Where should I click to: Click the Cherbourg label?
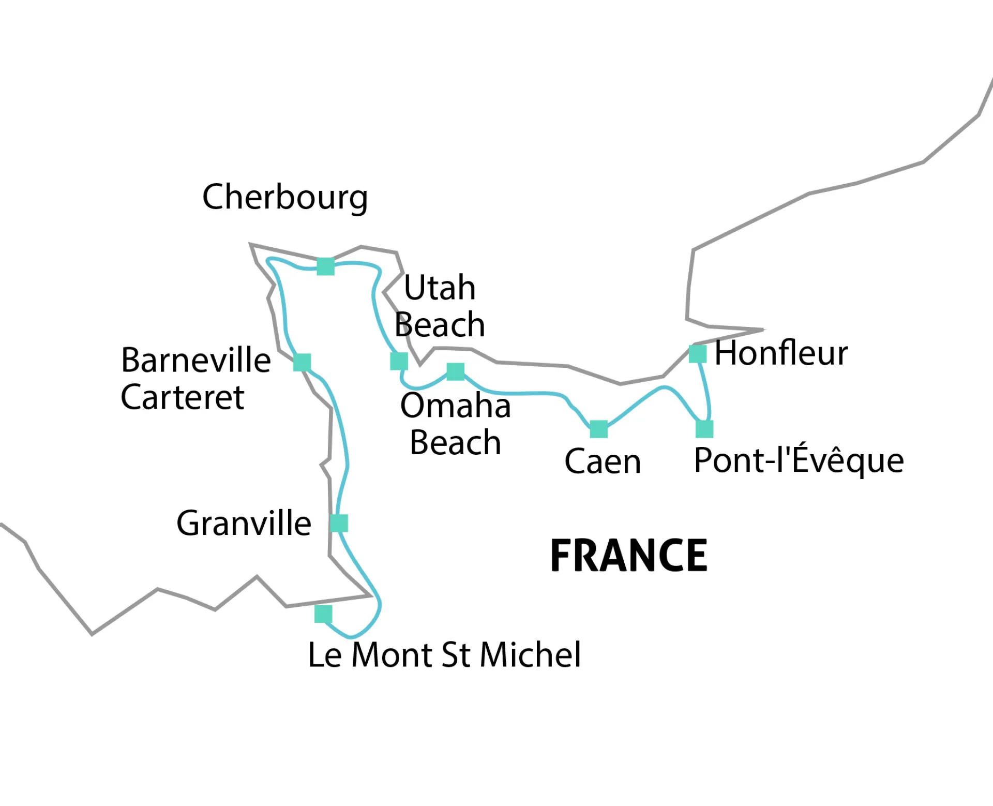coord(285,197)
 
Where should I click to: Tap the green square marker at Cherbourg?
coord(325,266)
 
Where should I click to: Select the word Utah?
coord(439,288)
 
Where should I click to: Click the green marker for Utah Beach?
coord(399,361)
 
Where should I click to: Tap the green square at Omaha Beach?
coord(455,371)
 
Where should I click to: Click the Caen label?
coord(603,461)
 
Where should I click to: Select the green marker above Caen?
coord(598,429)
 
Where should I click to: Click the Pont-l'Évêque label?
coord(799,460)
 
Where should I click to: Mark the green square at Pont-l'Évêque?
coord(704,429)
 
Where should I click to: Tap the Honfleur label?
coord(781,353)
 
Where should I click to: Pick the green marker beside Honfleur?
coord(698,354)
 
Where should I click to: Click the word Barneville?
coord(196,360)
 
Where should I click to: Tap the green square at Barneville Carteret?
coord(302,362)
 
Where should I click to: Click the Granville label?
coord(244,523)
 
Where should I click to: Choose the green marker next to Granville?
coord(339,523)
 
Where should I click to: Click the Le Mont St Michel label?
coord(444,654)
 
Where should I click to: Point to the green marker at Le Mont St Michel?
coord(323,614)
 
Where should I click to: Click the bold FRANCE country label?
coord(628,556)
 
